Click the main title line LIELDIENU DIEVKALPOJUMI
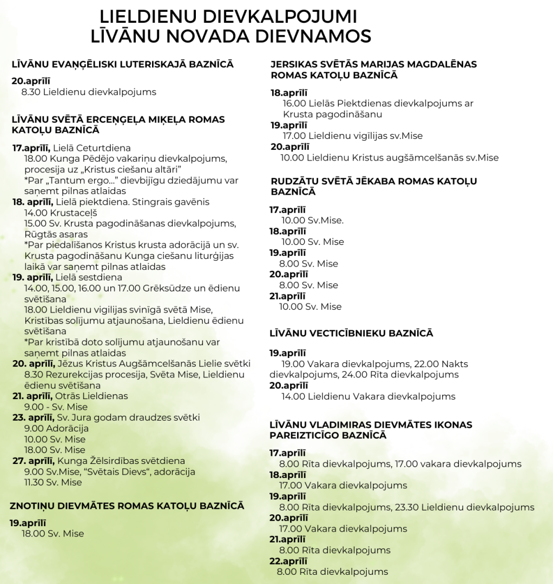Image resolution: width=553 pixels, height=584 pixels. [228, 16]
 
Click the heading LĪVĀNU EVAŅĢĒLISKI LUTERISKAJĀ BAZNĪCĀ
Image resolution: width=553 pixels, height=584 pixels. [123, 64]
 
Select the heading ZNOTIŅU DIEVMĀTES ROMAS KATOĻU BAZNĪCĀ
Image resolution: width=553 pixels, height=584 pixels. [127, 506]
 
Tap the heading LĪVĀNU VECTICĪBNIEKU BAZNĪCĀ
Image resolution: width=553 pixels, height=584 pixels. [351, 333]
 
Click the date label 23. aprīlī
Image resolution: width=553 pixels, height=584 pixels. [34, 417]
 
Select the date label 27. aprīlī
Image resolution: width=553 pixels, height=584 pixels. [34, 461]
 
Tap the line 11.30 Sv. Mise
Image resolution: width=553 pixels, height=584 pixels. [53, 482]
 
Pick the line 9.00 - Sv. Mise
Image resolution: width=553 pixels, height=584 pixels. [56, 407]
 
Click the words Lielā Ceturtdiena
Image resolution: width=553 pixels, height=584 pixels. [92, 148]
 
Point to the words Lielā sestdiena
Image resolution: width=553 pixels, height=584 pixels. [89, 277]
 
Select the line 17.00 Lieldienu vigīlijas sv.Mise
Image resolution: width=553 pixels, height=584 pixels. [353, 136]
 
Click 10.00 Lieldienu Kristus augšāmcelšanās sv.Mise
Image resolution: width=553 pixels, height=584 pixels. [390, 158]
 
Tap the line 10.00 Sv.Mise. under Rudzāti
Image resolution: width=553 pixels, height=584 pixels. [312, 220]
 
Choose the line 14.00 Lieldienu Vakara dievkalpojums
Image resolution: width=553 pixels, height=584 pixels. [368, 396]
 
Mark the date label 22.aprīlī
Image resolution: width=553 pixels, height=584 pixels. [288, 561]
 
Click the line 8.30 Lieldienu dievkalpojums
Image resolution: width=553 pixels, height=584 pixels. [89, 92]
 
